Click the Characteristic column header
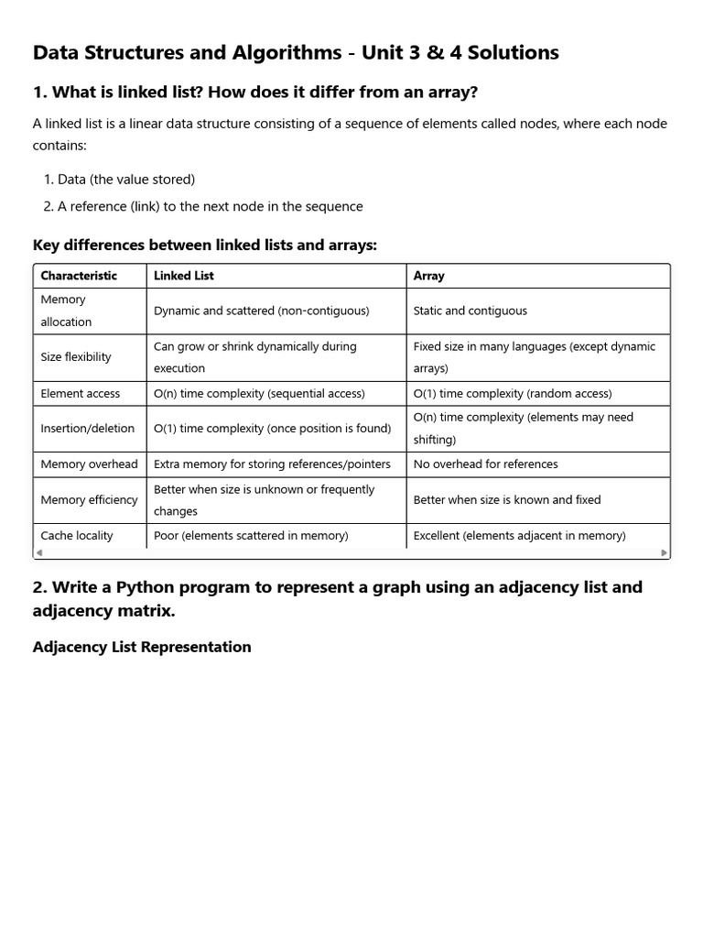click(79, 276)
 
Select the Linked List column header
click(184, 276)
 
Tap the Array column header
click(429, 276)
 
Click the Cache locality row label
click(77, 536)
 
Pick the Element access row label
click(81, 394)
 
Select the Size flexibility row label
click(76, 357)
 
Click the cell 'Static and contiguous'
click(470, 311)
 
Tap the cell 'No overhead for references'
click(485, 464)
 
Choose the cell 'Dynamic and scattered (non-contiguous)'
click(262, 311)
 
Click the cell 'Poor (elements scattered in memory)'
click(251, 536)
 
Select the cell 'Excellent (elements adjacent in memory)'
click(519, 536)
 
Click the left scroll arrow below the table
click(38, 553)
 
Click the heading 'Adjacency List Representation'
click(142, 647)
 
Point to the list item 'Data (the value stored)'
click(126, 180)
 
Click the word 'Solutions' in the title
click(507, 53)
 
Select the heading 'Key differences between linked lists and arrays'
click(205, 245)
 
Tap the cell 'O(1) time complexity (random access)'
click(513, 394)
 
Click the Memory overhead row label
click(90, 464)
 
